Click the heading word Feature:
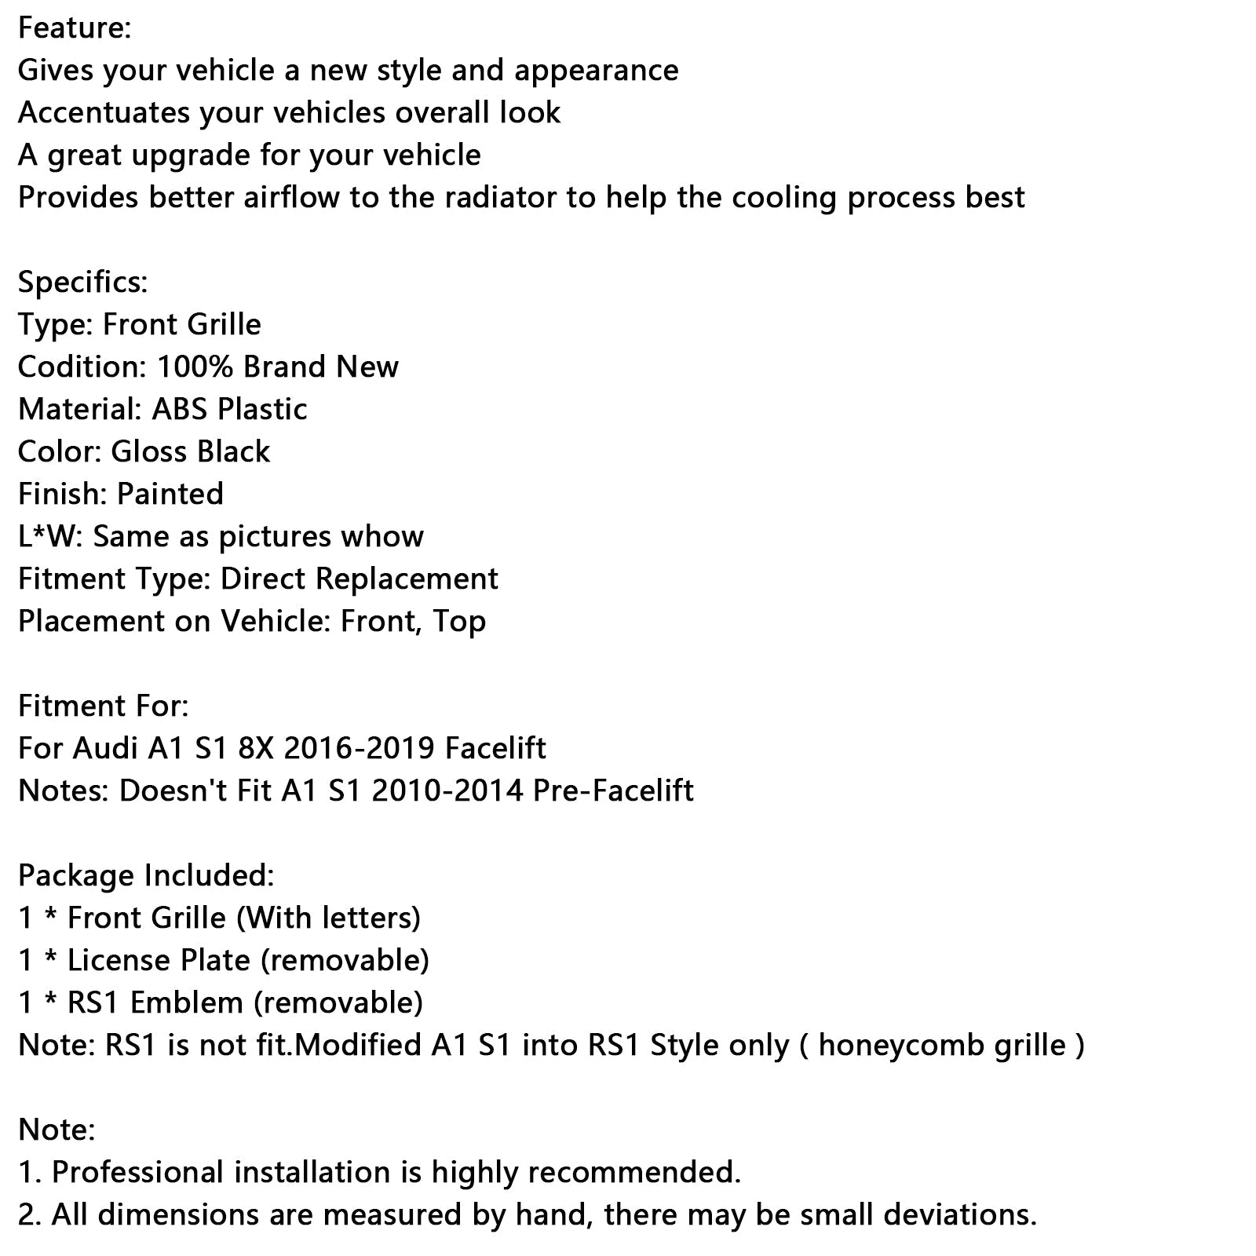pyautogui.click(x=75, y=28)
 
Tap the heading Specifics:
pyautogui.click(x=82, y=282)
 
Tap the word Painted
pyautogui.click(x=170, y=494)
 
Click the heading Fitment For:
pyautogui.click(x=103, y=706)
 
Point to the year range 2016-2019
pyautogui.click(x=359, y=748)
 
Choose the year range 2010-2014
pyautogui.click(x=447, y=790)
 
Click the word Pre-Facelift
pyautogui.click(x=613, y=790)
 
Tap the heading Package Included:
pyautogui.click(x=146, y=875)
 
